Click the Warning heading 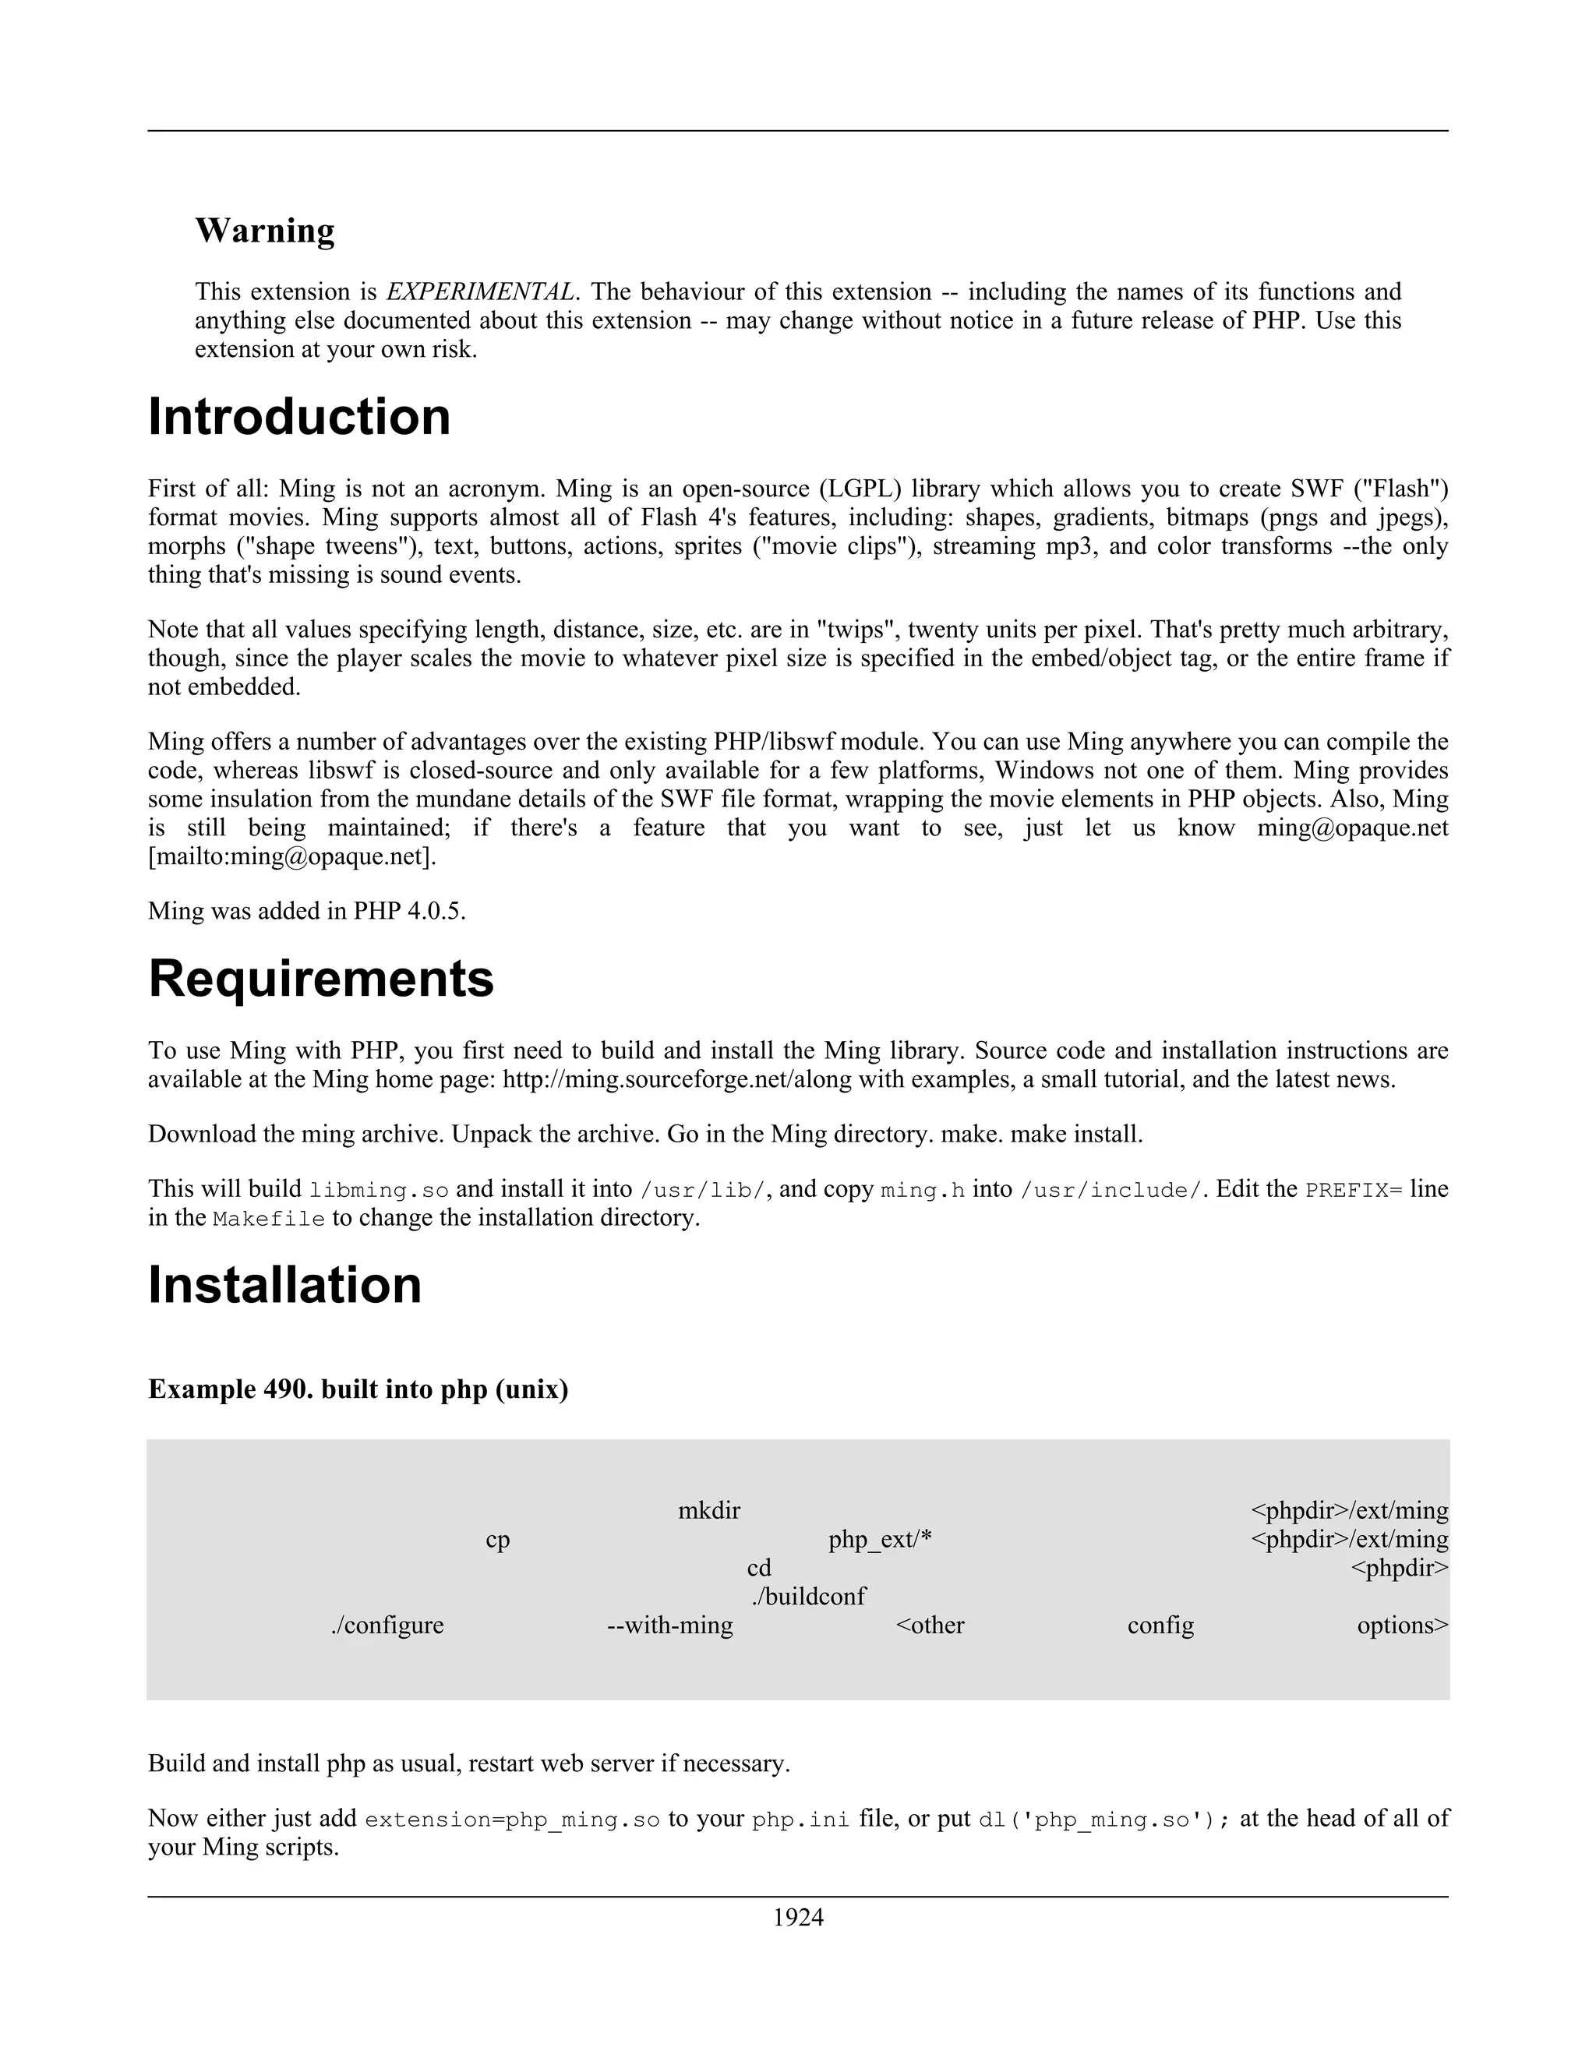coord(265,231)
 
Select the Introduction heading coord(298,417)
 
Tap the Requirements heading coord(320,979)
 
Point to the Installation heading coord(284,1285)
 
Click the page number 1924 coord(798,1918)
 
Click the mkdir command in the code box coord(709,1511)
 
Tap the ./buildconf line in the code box coord(808,1596)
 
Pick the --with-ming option coord(669,1626)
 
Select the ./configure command coord(387,1626)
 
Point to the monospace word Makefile coord(269,1219)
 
